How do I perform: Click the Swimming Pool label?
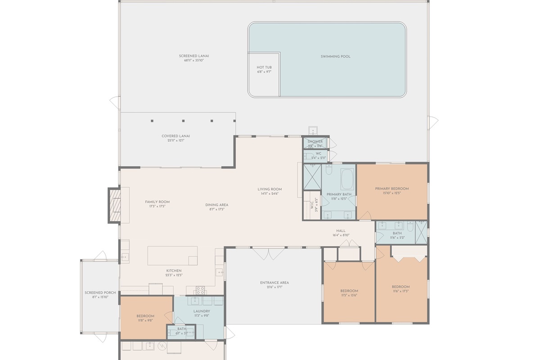pos(335,56)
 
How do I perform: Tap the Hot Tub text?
pos(264,67)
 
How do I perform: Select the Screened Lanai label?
pos(194,56)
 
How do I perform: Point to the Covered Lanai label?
pos(175,136)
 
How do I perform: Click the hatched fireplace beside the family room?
pos(115,205)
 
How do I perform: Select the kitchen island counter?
pos(172,255)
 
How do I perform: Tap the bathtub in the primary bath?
pos(346,179)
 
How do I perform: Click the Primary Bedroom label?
pos(392,189)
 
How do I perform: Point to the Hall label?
pos(341,231)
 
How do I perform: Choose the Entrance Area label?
pos(274,283)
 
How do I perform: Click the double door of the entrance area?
pos(268,254)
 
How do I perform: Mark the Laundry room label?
pos(202,311)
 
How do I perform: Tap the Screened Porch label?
pos(100,293)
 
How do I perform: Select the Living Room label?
pos(270,189)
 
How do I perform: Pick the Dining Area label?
pos(217,205)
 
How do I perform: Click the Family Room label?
pos(157,202)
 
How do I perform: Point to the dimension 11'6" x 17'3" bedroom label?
pos(400,287)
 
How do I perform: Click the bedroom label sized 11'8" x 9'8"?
pos(145,316)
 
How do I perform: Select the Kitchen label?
pos(174,271)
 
